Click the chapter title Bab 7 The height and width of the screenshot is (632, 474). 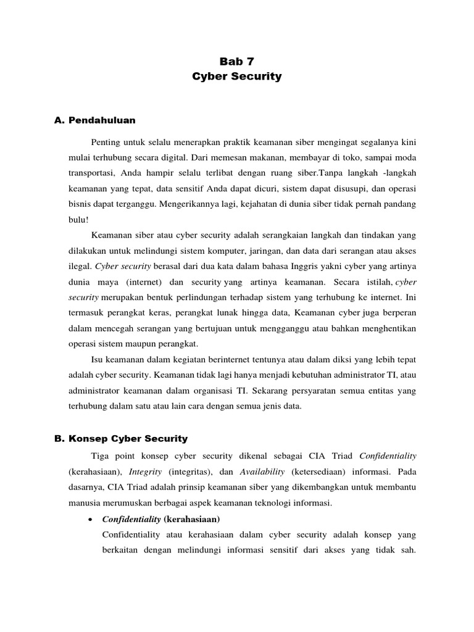(x=237, y=61)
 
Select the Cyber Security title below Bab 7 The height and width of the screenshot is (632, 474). (x=237, y=77)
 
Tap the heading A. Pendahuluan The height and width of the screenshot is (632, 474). (x=95, y=120)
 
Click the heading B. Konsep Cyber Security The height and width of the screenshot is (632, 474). (x=121, y=439)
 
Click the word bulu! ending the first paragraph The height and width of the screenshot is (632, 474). (x=79, y=218)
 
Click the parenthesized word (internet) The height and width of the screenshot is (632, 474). (x=144, y=281)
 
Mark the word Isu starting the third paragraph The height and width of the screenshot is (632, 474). (x=98, y=359)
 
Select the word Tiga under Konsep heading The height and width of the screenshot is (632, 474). (x=100, y=456)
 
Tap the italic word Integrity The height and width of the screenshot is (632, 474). (x=146, y=472)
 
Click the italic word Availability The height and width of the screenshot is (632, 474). (x=262, y=472)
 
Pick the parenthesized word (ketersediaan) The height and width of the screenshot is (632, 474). (x=321, y=472)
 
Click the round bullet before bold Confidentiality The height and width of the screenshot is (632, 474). (x=91, y=518)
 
